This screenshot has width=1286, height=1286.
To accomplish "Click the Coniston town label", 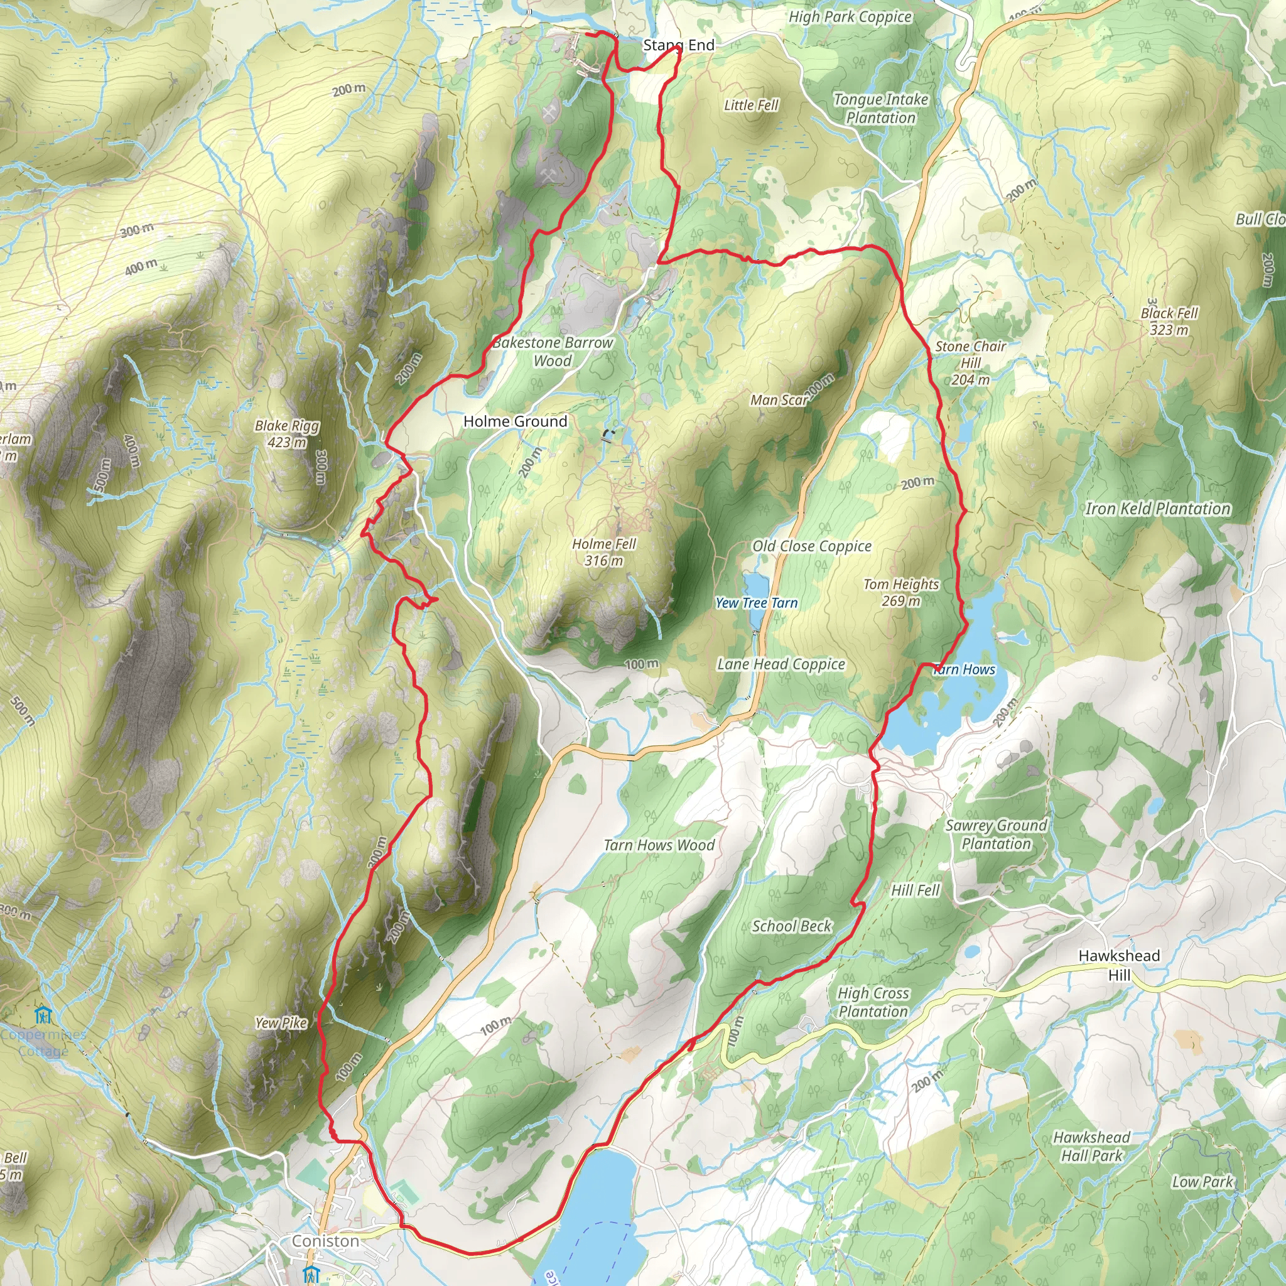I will (325, 1241).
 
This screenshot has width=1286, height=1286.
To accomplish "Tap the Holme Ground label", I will (515, 421).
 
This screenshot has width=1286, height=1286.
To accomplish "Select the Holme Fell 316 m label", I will (603, 552).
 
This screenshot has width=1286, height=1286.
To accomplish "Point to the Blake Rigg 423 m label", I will (287, 433).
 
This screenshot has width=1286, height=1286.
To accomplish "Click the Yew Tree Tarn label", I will (756, 602).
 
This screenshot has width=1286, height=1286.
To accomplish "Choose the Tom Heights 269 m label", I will (900, 592).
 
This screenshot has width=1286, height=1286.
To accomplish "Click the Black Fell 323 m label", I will (1169, 321).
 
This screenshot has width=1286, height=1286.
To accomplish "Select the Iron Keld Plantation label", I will (1157, 509).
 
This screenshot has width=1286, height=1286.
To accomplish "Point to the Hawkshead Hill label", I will (1119, 964).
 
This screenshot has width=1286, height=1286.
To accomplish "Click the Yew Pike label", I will (281, 1022).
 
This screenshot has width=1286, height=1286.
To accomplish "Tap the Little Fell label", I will (751, 105).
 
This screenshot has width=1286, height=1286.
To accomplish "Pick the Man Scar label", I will (778, 400).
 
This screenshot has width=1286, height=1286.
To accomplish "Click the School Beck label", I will (791, 926).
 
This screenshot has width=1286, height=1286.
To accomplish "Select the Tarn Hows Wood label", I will (659, 845).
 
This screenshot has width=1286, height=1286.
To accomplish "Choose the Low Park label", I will (1202, 1181).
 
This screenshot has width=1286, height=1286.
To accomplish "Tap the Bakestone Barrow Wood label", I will (553, 352).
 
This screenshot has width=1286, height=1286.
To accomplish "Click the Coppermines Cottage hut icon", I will (43, 1015).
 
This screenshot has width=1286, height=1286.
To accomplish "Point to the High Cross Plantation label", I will (873, 1002).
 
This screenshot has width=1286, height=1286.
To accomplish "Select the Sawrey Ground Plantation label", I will (996, 834).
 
